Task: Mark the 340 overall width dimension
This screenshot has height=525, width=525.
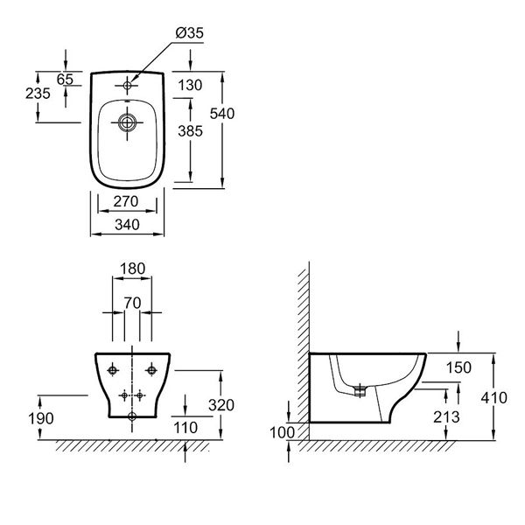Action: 129,224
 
